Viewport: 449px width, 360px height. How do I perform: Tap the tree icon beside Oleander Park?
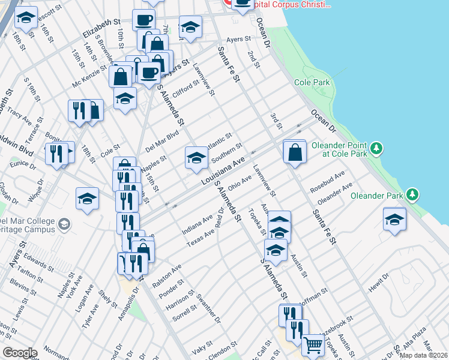coord(412,194)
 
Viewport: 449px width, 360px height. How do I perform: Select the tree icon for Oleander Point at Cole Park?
coord(376,147)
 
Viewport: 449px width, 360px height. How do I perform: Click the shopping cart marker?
coord(313,345)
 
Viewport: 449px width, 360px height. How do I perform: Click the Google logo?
coord(20,353)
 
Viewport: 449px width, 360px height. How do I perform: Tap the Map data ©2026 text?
coord(423,355)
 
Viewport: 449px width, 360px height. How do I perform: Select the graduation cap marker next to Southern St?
coord(196,158)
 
